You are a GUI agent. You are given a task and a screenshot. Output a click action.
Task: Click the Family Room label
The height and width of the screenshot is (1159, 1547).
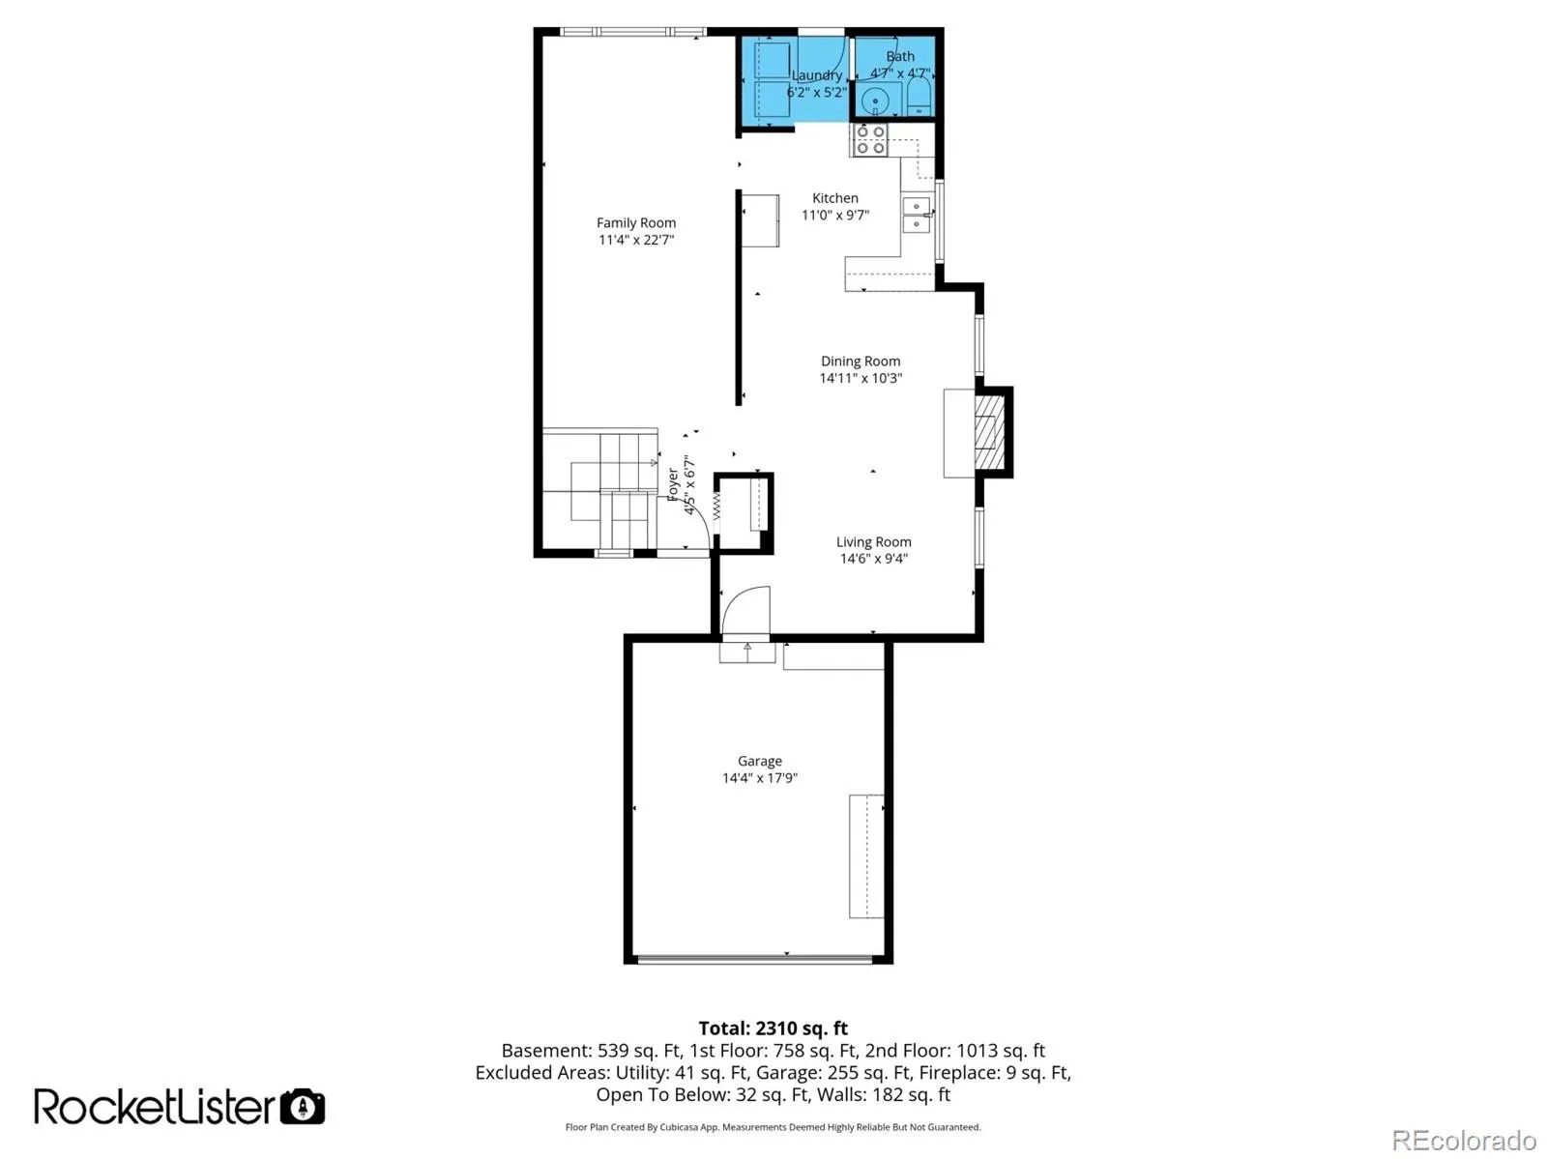pyautogui.click(x=635, y=222)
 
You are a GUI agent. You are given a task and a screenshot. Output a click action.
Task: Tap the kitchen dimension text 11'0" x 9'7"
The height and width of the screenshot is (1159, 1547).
pyautogui.click(x=835, y=215)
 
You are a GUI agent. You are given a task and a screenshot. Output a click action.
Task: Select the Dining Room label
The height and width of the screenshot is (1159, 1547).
pyautogui.click(x=860, y=361)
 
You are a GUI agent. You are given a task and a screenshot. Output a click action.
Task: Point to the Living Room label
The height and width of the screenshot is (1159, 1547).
pyautogui.click(x=873, y=542)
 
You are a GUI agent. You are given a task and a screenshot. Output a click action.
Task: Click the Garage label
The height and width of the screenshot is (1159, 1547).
pyautogui.click(x=759, y=761)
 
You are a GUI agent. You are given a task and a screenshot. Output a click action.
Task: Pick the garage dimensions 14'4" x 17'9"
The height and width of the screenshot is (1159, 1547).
pyautogui.click(x=759, y=778)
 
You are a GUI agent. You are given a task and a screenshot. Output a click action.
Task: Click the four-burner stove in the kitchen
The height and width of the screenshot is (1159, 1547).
pyautogui.click(x=869, y=139)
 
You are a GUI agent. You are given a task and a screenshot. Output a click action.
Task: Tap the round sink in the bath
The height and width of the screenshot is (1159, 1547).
pyautogui.click(x=875, y=102)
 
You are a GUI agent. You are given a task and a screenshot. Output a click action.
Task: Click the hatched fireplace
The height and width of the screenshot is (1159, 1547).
pyautogui.click(x=989, y=432)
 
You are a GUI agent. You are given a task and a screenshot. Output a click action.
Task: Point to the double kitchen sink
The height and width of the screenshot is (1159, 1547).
pyautogui.click(x=917, y=215)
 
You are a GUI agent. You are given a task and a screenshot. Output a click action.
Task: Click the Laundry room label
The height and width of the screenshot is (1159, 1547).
pyautogui.click(x=816, y=75)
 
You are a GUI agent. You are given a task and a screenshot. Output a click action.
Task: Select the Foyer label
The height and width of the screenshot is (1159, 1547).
pyautogui.click(x=673, y=484)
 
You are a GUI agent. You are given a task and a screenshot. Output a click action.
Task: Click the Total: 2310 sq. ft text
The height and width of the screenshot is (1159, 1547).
pyautogui.click(x=773, y=1028)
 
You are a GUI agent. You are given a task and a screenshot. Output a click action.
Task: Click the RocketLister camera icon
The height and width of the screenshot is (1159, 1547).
pyautogui.click(x=303, y=1106)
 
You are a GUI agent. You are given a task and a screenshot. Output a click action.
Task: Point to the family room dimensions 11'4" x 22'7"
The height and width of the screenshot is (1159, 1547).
pyautogui.click(x=635, y=240)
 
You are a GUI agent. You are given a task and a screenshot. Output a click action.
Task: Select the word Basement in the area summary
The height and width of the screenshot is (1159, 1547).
pyautogui.click(x=545, y=1051)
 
